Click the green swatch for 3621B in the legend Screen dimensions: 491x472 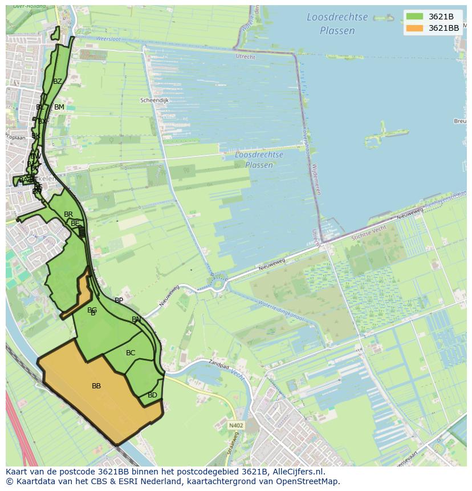coord(414,17)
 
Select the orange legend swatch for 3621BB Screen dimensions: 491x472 coord(414,28)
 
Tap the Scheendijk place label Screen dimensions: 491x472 coord(154,100)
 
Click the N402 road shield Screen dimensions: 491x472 coord(236,425)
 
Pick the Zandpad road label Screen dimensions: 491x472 coord(218,363)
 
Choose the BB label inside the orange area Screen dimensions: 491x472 coord(96,386)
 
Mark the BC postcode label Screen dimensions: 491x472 coord(131,353)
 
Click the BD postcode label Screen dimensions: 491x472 coord(152,395)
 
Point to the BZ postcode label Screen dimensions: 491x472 coord(57,82)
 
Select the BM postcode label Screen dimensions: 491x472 coord(59,107)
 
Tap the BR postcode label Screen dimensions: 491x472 coord(68,214)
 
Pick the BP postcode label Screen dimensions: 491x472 coord(119,301)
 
